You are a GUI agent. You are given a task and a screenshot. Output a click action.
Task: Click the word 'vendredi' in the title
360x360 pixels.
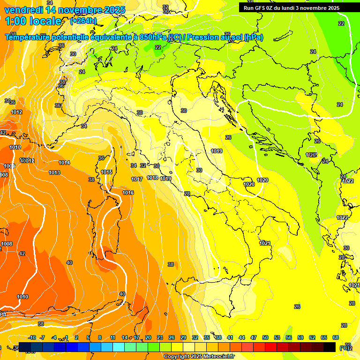tap(23, 10)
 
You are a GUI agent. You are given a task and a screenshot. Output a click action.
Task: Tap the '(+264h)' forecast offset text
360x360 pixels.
tap(83, 21)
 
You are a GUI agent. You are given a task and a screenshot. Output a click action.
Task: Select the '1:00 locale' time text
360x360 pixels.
tap(33, 21)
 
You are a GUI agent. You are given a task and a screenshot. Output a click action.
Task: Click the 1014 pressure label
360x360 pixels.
tap(64, 163)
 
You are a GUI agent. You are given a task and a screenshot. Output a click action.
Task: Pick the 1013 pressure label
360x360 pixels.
tap(54, 172)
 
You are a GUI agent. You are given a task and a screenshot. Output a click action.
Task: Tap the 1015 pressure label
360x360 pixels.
tap(106, 172)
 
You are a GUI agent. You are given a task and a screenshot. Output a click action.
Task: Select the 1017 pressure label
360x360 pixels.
tap(137, 179)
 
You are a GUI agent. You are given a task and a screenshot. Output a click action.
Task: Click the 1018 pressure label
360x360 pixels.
tap(152, 178)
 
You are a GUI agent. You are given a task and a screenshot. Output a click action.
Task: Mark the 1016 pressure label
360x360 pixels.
tap(128, 193)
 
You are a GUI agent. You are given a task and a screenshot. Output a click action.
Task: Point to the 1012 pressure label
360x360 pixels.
tap(17, 112)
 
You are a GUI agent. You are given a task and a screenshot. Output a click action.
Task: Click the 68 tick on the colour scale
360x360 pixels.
tap(335, 337)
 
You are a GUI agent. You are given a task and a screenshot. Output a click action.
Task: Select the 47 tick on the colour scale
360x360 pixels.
tap(254, 337)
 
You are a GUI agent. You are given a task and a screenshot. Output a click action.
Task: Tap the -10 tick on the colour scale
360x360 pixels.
tap(32, 337)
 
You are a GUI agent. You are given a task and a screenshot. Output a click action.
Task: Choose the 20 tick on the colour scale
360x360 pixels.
tap(148, 337)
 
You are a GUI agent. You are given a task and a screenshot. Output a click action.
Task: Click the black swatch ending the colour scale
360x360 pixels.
tap(330, 347)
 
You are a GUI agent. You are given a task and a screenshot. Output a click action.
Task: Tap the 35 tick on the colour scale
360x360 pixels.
tap(207, 337)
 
